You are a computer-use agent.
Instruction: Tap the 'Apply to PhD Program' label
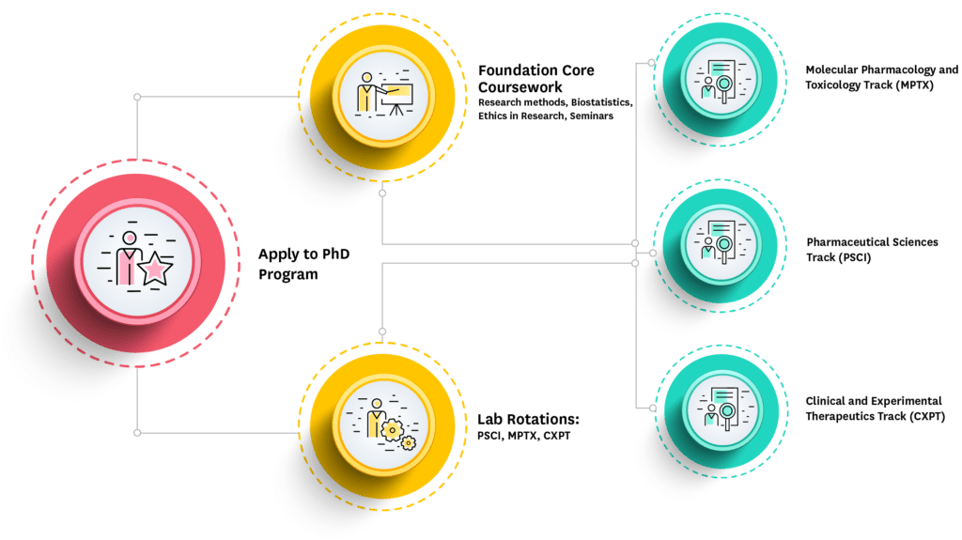coord(303,264)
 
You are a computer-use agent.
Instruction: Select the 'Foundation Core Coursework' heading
coord(535,79)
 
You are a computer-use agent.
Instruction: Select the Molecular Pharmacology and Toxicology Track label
coord(881,77)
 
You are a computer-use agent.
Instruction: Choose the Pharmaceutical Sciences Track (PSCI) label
coord(872,250)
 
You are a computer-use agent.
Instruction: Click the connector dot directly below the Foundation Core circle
coord(382,193)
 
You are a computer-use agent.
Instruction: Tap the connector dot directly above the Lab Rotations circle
coord(381,332)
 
